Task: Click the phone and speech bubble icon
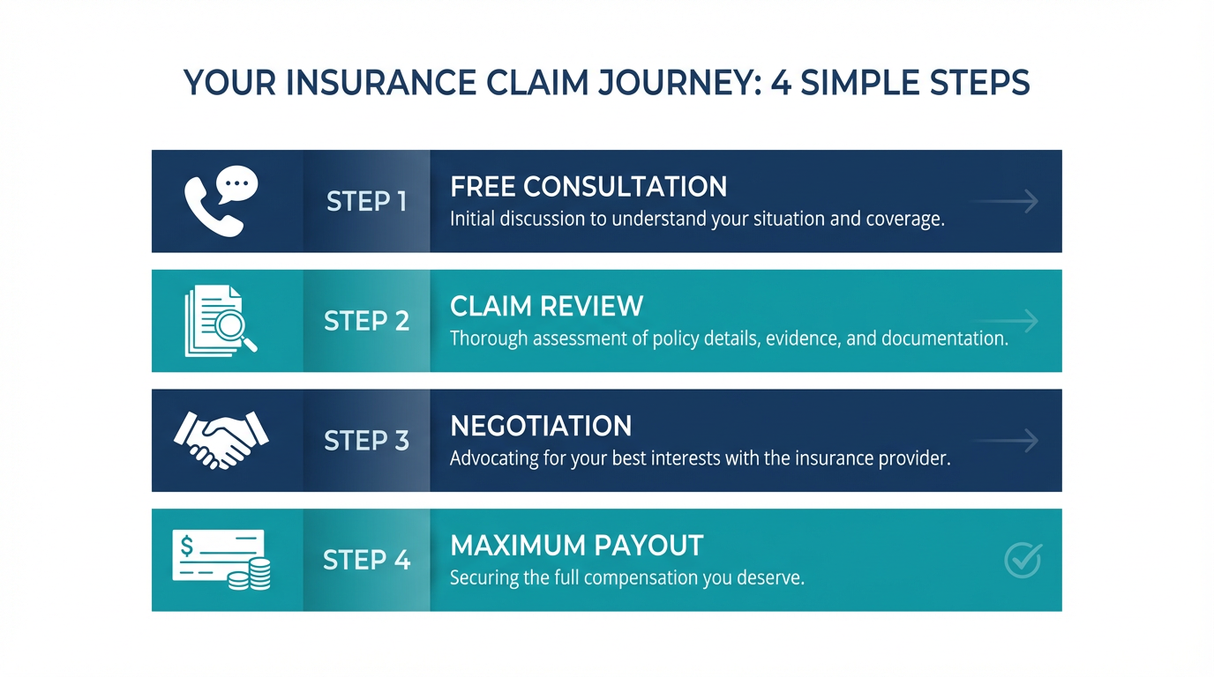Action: (x=221, y=201)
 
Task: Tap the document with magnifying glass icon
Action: (x=221, y=321)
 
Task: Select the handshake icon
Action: (x=221, y=439)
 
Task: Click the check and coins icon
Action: (x=221, y=559)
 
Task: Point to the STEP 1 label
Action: (x=366, y=202)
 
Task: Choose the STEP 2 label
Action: (x=366, y=321)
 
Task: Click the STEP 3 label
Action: (x=366, y=440)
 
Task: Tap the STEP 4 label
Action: (x=366, y=560)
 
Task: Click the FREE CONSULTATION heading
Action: (x=588, y=187)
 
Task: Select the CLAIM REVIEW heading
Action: (x=546, y=306)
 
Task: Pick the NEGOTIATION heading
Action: (x=541, y=426)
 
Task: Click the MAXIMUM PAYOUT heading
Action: (x=576, y=546)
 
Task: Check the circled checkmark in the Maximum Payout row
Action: (x=1023, y=560)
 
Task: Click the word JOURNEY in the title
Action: (x=675, y=83)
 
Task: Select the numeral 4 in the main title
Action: (x=780, y=83)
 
